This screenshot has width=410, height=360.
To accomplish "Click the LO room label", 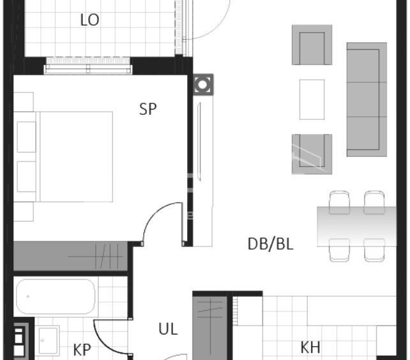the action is pyautogui.click(x=89, y=20).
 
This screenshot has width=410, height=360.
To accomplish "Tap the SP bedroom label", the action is pyautogui.click(x=148, y=109).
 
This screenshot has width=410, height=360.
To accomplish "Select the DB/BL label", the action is pyautogui.click(x=270, y=244).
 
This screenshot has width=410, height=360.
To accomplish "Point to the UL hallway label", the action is pyautogui.click(x=168, y=329).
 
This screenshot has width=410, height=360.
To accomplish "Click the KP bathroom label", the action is pyautogui.click(x=82, y=350).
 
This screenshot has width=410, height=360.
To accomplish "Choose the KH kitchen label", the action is pyautogui.click(x=310, y=347).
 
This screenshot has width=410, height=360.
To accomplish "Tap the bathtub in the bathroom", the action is pyautogui.click(x=56, y=296).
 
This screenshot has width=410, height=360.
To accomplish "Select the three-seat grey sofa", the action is pyautogui.click(x=367, y=100).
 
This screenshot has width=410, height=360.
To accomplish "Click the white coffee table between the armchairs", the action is pyautogui.click(x=312, y=100).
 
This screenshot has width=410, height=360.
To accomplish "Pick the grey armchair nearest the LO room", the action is pyautogui.click(x=312, y=45).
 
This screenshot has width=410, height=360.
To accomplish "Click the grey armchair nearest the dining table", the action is pyautogui.click(x=312, y=154).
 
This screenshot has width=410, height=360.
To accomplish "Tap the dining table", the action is pyautogui.click(x=357, y=227).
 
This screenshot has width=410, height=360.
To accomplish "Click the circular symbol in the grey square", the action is pyautogui.click(x=202, y=85).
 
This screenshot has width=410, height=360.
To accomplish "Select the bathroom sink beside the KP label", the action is pyautogui.click(x=49, y=340).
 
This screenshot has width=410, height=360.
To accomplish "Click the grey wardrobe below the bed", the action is pyautogui.click(x=70, y=256).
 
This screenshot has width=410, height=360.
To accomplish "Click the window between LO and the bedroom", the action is pyautogui.click(x=88, y=66).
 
